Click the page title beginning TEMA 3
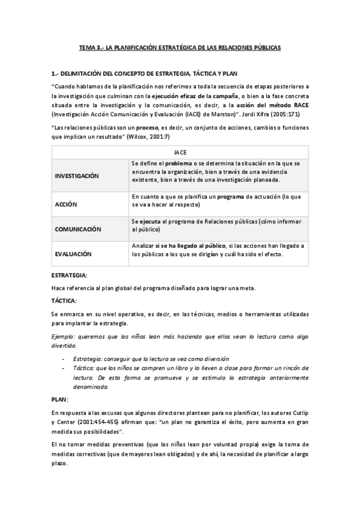click(180, 47)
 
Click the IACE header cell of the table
click(180, 153)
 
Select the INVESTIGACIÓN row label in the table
click(77, 176)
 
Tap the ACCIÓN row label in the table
click(66, 204)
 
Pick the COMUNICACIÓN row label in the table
click(78, 229)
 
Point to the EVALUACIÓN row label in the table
click(73, 254)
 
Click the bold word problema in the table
click(178, 164)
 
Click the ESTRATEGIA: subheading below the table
click(70, 275)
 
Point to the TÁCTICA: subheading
click(65, 300)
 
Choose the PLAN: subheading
click(60, 399)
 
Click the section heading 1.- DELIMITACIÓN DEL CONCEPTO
click(145, 73)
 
